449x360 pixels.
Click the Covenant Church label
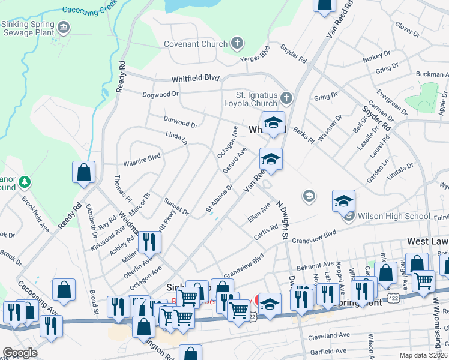pyautogui.click(x=196, y=44)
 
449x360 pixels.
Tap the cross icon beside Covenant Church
pyautogui.click(x=238, y=43)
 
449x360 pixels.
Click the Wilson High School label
pyautogui.click(x=392, y=216)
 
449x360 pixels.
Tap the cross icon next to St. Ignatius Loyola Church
pyautogui.click(x=286, y=97)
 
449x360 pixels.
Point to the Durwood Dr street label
pyautogui.click(x=181, y=124)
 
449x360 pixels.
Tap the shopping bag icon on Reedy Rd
pyautogui.click(x=84, y=172)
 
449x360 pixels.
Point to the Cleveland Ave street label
pyautogui.click(x=328, y=336)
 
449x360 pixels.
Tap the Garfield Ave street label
pyautogui.click(x=328, y=350)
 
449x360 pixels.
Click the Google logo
pyautogui.click(x=20, y=352)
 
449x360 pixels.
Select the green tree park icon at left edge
pyautogui.click(x=24, y=181)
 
